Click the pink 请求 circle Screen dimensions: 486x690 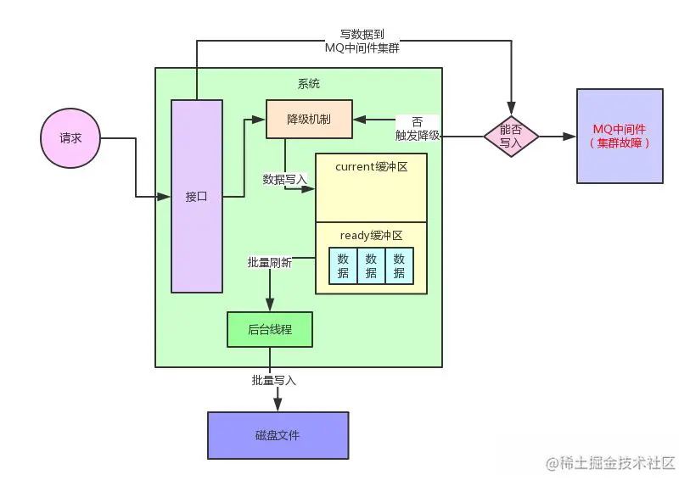[70, 137]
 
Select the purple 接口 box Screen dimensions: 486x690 [197, 196]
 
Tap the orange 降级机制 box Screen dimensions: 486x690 [309, 120]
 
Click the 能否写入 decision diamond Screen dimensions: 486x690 [511, 136]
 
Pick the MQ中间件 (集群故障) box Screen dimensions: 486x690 [620, 136]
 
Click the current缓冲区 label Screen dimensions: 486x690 [371, 167]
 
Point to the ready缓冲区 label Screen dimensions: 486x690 [371, 235]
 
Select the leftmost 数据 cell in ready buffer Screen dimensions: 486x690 [343, 266]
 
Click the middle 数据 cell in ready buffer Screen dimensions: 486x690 [371, 266]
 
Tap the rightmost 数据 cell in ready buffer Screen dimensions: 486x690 [400, 266]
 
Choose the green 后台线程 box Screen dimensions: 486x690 [270, 329]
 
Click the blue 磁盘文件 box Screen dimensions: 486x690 [278, 435]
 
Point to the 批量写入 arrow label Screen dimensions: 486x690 [273, 381]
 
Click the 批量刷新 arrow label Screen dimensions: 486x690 [269, 263]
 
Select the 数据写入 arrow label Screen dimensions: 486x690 [285, 179]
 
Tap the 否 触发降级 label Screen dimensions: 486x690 [417, 128]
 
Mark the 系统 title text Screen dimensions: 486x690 [309, 84]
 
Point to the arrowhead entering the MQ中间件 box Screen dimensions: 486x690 [570, 136]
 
